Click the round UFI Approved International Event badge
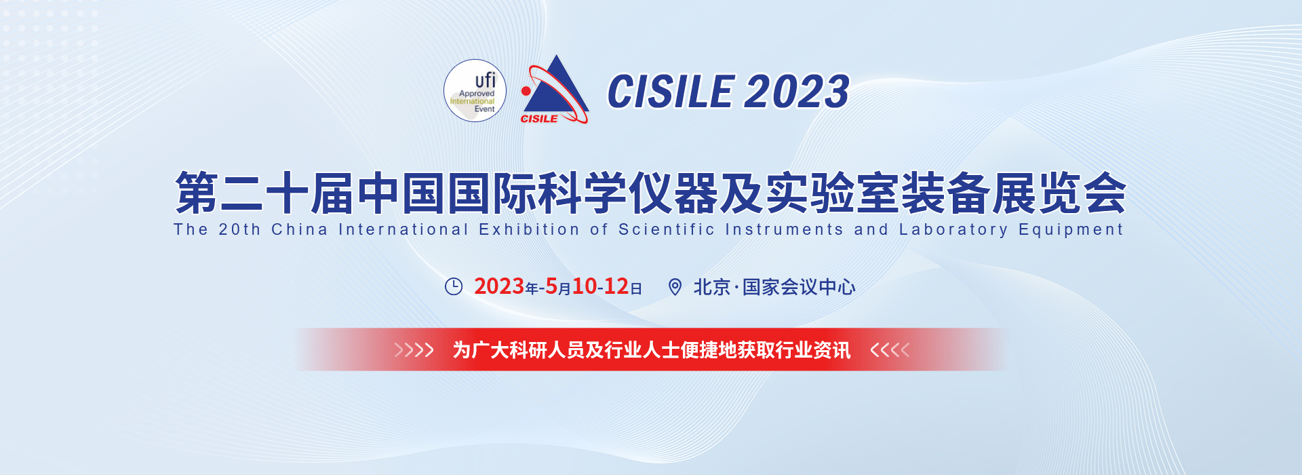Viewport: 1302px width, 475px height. (x=475, y=91)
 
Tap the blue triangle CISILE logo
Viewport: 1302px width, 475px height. (x=555, y=90)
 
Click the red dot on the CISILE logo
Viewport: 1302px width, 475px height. (x=526, y=91)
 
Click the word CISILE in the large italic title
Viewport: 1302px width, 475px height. (x=671, y=92)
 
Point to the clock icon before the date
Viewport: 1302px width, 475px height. (x=454, y=286)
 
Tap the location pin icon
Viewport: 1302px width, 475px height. (x=675, y=287)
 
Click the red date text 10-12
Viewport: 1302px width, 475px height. (x=601, y=286)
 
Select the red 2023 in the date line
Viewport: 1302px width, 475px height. (x=499, y=286)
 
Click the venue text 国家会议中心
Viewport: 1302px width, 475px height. (x=799, y=287)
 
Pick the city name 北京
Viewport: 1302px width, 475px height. (x=711, y=287)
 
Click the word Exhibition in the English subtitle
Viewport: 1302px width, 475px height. (x=529, y=229)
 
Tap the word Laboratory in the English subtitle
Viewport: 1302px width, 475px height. (x=953, y=230)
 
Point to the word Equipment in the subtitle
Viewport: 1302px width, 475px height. (x=1071, y=230)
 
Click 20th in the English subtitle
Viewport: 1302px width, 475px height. (x=239, y=229)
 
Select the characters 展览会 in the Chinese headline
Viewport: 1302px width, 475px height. (x=1059, y=193)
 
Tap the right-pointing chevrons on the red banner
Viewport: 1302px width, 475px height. (x=414, y=350)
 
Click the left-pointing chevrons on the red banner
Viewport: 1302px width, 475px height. (x=890, y=350)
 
